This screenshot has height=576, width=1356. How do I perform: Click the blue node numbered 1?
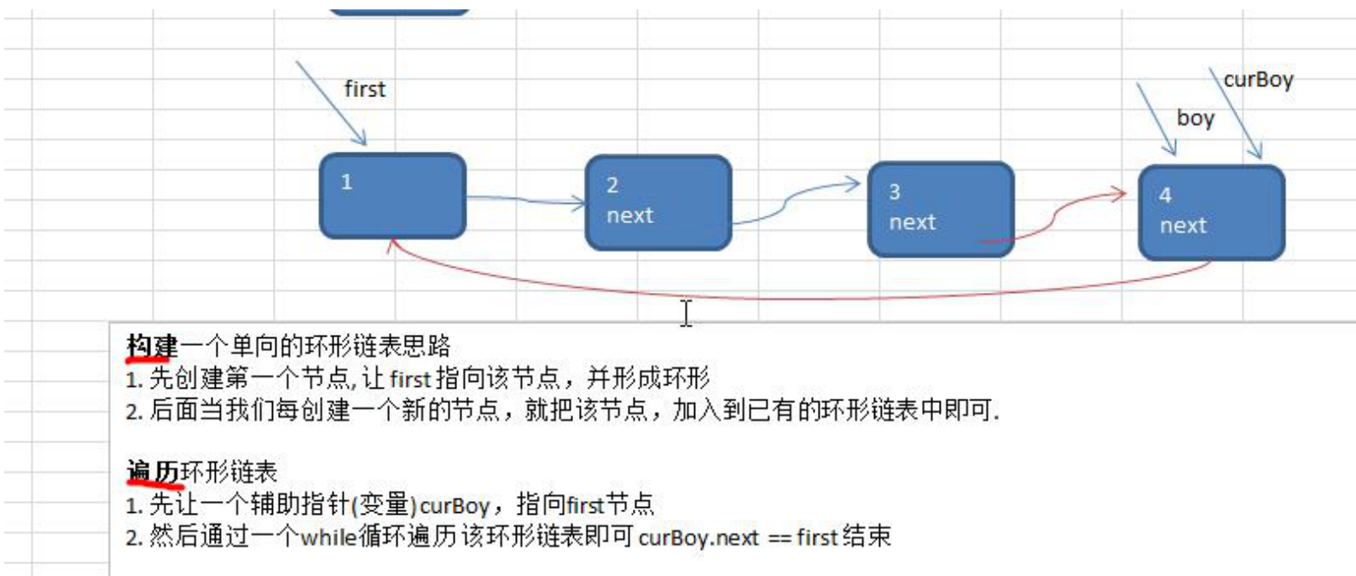click(392, 196)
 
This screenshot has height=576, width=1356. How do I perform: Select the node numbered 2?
click(658, 203)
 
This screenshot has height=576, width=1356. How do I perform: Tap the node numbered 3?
click(940, 209)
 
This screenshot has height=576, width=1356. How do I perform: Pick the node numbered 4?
click(1211, 212)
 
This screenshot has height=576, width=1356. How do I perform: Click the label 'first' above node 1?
click(364, 89)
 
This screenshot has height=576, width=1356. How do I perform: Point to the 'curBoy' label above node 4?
click(1258, 80)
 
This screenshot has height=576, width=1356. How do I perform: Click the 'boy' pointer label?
click(1195, 118)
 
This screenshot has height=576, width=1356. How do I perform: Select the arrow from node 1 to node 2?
click(524, 200)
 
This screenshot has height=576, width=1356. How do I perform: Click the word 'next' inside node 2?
click(629, 216)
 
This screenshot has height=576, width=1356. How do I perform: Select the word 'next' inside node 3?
click(912, 222)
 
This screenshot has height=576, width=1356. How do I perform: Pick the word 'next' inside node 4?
click(1183, 226)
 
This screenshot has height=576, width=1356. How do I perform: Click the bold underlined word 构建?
click(152, 346)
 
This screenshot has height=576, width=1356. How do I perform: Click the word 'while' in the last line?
click(328, 538)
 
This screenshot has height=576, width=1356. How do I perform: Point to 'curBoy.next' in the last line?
click(698, 538)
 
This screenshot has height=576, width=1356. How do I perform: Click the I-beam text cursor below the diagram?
click(686, 313)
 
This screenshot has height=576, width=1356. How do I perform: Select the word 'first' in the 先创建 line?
click(410, 378)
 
